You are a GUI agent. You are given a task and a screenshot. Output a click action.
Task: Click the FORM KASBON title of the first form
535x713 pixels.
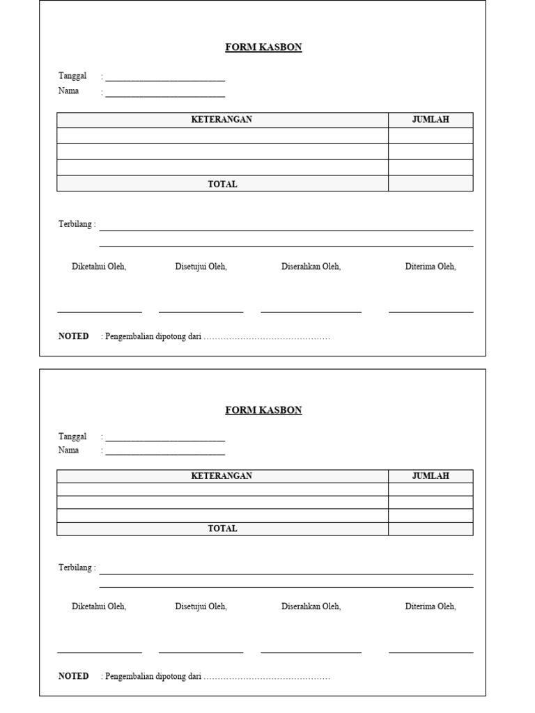(263, 47)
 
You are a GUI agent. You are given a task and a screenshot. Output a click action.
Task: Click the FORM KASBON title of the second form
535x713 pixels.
(263, 410)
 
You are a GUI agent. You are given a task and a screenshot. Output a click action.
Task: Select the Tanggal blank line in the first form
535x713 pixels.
(165, 80)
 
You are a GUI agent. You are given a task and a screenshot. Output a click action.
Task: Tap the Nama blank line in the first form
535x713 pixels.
(165, 96)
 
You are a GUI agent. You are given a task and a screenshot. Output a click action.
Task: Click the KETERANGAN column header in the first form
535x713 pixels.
(222, 120)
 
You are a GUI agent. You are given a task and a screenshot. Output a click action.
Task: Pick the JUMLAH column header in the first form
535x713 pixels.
(431, 120)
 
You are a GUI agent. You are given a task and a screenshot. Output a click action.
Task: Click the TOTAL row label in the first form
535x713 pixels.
(222, 185)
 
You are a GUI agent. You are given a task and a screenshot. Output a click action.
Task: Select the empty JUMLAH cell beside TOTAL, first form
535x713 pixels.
(431, 184)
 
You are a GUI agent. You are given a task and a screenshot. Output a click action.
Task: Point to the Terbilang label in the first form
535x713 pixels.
(77, 225)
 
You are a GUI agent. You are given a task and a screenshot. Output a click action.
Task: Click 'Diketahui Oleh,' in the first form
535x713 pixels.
(99, 267)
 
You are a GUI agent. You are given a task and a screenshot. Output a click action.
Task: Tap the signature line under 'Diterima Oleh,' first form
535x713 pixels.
(431, 312)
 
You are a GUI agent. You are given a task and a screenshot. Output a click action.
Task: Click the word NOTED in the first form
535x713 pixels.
(74, 336)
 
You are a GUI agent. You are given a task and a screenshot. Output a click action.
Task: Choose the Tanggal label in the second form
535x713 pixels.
(72, 437)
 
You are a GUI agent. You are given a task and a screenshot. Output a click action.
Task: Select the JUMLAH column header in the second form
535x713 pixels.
(431, 476)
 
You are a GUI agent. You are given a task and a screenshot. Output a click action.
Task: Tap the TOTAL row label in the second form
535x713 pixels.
(222, 528)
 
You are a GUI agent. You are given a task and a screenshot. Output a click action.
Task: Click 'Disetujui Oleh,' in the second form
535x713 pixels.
(201, 606)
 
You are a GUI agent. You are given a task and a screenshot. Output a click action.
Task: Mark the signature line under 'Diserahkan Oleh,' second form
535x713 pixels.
(311, 652)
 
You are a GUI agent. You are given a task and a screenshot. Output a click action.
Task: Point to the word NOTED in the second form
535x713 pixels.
(74, 676)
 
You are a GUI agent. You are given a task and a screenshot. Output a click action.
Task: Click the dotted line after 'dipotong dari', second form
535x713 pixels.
(267, 677)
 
